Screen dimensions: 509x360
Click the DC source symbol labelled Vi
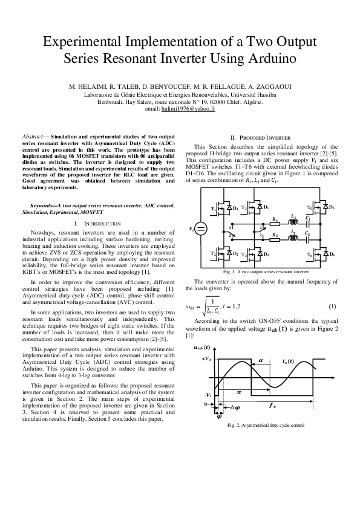(x=201, y=228)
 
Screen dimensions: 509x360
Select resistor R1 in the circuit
(x=275, y=223)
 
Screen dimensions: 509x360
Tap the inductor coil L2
(x=293, y=238)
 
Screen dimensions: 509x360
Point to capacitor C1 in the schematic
(x=309, y=223)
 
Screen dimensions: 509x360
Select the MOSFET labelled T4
(x=252, y=254)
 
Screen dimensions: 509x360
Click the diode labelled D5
(x=326, y=207)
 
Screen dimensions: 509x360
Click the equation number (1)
(x=332, y=306)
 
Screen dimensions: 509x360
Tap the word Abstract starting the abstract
(x=31, y=138)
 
